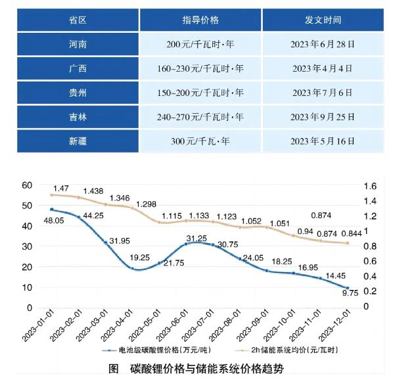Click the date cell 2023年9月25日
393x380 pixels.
(323, 117)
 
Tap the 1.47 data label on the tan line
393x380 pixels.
(62, 188)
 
